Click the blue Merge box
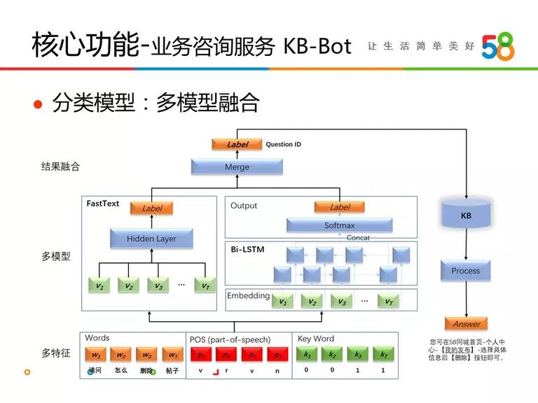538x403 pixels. pyautogui.click(x=237, y=167)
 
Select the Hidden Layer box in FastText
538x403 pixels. pyautogui.click(x=151, y=239)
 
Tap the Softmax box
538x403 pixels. pyautogui.click(x=339, y=225)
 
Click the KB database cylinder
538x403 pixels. pyautogui.click(x=466, y=215)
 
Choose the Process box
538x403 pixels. pyautogui.click(x=466, y=271)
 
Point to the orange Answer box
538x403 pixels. pyautogui.click(x=466, y=324)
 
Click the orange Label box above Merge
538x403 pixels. pyautogui.click(x=237, y=145)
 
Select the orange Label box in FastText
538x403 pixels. pyautogui.click(x=151, y=208)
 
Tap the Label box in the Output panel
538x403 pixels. pyautogui.click(x=339, y=207)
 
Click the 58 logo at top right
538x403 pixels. pyautogui.click(x=498, y=46)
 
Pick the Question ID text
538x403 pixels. pyautogui.click(x=283, y=145)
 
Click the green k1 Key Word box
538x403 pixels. pyautogui.click(x=306, y=355)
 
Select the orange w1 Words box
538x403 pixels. pyautogui.click(x=96, y=355)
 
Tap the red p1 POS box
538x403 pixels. pyautogui.click(x=201, y=355)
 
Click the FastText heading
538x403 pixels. pyautogui.click(x=103, y=204)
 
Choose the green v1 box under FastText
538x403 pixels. pyautogui.click(x=99, y=285)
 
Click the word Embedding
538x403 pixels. pyautogui.click(x=248, y=296)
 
